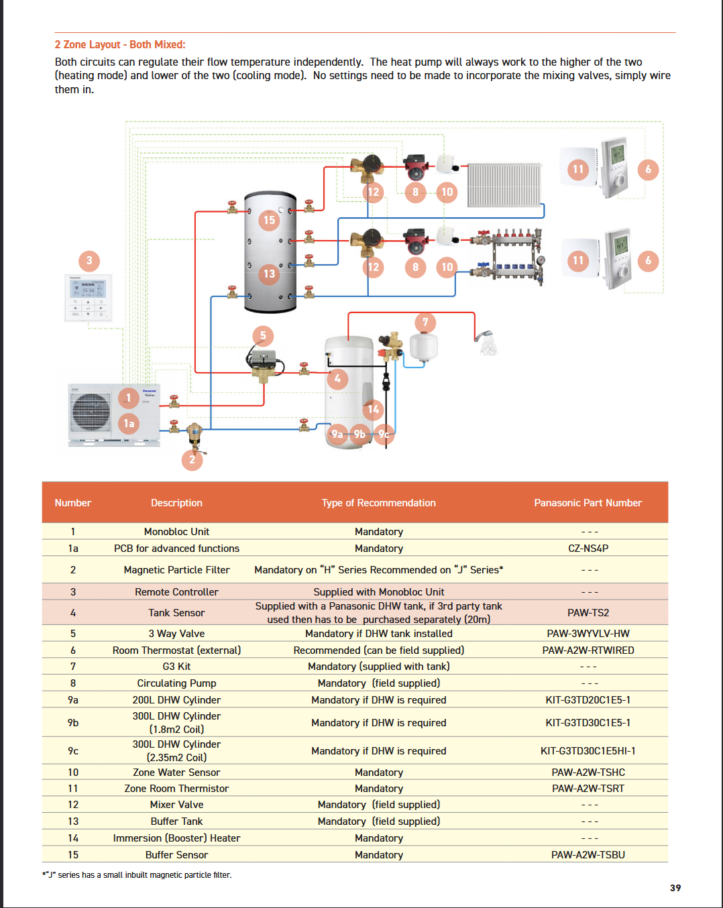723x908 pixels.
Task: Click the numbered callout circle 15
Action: (x=269, y=220)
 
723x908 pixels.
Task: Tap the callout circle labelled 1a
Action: (x=129, y=423)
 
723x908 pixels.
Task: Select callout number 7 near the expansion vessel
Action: (x=425, y=323)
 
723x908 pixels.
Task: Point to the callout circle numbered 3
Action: (x=89, y=261)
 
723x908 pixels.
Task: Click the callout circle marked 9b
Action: (x=359, y=434)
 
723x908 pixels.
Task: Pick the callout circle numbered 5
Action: (x=263, y=336)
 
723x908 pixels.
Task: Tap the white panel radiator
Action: (x=504, y=184)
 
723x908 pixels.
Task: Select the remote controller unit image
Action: (x=88, y=297)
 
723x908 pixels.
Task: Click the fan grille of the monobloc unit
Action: (x=91, y=412)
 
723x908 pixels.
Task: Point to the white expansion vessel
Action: (x=424, y=346)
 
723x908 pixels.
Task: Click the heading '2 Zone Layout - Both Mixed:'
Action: (x=120, y=45)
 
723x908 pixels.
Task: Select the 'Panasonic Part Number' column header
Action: (x=588, y=503)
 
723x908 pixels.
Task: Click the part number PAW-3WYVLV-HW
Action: (x=588, y=634)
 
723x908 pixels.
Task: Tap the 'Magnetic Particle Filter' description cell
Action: (x=176, y=570)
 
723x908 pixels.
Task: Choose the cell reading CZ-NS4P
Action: (x=588, y=549)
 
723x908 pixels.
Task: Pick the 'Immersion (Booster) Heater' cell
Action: (x=176, y=838)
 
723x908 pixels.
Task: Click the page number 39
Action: (x=675, y=888)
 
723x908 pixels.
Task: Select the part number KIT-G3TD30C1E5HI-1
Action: (x=588, y=751)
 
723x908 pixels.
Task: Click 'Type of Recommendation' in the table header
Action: (x=378, y=503)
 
